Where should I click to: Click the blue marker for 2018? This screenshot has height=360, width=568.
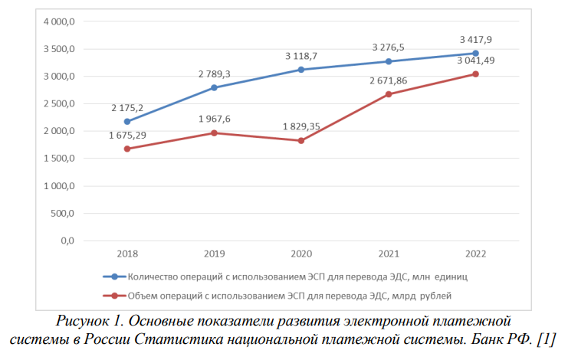(x=127, y=121)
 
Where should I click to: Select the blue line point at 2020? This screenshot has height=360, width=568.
(x=301, y=70)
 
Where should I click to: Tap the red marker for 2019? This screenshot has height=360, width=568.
(x=214, y=133)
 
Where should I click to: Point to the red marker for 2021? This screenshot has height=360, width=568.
(x=389, y=94)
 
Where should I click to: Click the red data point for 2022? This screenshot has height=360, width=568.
(x=475, y=74)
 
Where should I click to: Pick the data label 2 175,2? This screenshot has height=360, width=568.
(x=127, y=108)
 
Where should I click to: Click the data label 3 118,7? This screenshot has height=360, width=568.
(x=301, y=56)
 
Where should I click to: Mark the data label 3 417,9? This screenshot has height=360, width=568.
(x=475, y=39)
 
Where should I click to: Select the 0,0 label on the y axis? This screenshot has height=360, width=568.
(x=67, y=241)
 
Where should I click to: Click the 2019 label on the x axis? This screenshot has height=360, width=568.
(x=214, y=254)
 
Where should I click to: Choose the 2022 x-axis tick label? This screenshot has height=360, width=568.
(x=475, y=254)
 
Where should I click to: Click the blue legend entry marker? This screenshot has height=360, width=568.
(x=114, y=276)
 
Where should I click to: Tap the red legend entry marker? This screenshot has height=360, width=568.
(x=114, y=295)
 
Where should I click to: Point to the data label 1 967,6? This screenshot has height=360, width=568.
(x=215, y=119)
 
